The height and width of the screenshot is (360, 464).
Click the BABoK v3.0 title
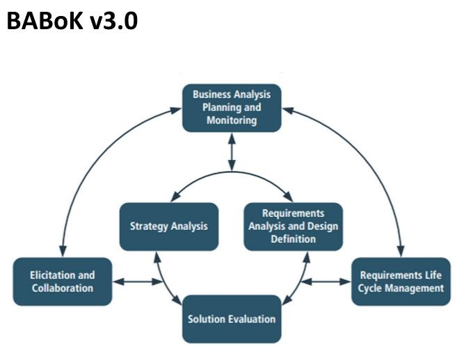72,21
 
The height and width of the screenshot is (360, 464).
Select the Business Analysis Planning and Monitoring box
232,108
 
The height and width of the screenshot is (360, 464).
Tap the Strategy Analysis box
169,227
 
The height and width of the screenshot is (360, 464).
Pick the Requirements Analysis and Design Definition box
294,227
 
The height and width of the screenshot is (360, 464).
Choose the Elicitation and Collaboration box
63,281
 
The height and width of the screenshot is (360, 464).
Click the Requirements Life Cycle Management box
401,281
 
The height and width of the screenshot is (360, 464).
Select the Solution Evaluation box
232,319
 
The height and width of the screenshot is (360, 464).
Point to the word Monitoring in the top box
232,121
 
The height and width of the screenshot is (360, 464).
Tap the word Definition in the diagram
294,239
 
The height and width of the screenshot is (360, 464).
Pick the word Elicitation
49,275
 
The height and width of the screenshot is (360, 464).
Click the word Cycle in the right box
367,288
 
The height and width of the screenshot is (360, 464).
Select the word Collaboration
63,288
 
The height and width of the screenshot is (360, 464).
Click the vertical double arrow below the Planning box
232,152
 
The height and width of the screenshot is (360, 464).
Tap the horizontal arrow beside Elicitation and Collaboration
138,281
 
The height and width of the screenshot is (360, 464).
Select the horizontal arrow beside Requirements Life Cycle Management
326,281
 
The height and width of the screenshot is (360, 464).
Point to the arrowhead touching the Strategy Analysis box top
176,197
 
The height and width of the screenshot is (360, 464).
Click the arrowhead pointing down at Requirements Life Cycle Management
401,251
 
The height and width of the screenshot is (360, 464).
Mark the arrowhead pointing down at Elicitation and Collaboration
63,251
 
